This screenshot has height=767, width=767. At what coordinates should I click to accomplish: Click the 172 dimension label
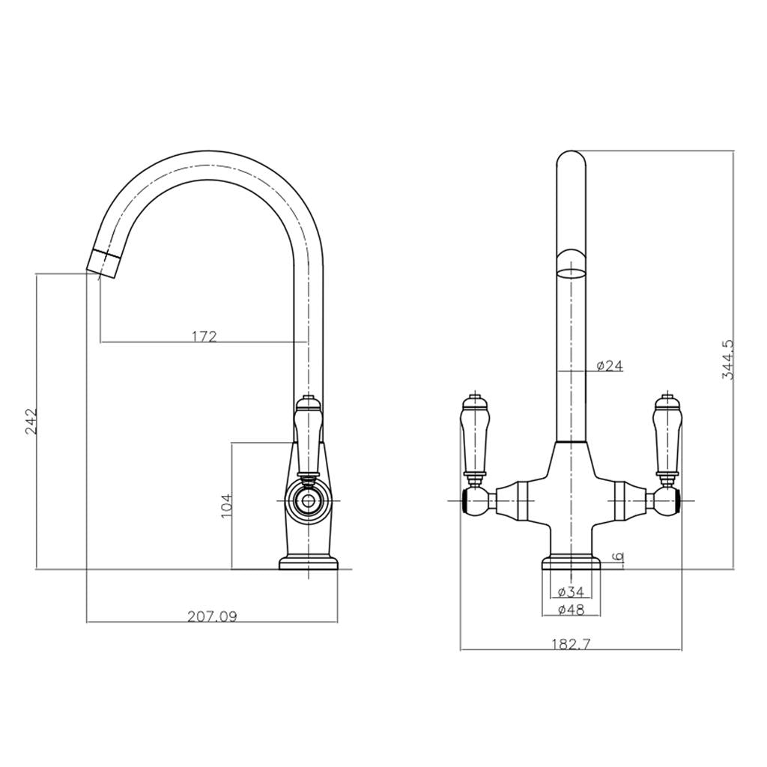coord(204,336)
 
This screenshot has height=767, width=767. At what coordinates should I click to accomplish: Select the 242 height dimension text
coord(31,424)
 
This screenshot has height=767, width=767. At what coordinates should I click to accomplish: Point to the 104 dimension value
coord(227,506)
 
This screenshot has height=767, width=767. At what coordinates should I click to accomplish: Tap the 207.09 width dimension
coord(212,616)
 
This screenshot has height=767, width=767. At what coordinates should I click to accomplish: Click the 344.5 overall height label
coord(727,360)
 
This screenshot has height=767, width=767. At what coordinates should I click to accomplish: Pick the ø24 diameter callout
coord(610,366)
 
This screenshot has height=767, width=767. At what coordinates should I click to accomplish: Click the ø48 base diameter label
coord(571,610)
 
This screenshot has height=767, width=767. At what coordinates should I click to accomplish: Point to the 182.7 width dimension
coord(571,644)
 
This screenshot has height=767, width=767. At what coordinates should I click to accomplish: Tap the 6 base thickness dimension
coord(618,557)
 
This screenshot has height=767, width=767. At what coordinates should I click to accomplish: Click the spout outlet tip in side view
coord(103,262)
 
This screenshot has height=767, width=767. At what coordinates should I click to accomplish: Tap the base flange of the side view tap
coord(309,563)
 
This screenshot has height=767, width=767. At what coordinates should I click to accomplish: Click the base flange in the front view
coord(571,563)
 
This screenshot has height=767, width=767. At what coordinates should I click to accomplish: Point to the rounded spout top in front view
coord(572,161)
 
